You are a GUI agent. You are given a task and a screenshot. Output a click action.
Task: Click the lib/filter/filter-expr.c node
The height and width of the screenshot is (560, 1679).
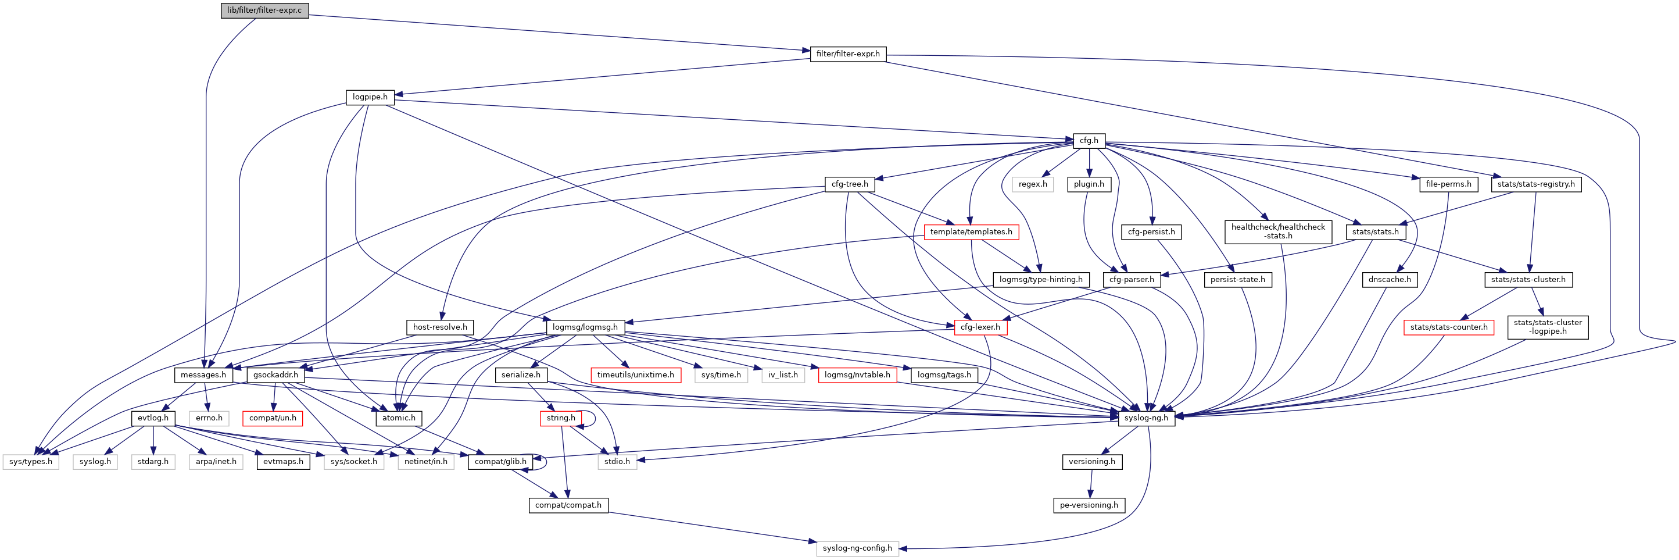pyautogui.click(x=264, y=10)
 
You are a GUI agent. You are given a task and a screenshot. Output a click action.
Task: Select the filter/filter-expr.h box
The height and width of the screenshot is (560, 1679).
pyautogui.click(x=847, y=54)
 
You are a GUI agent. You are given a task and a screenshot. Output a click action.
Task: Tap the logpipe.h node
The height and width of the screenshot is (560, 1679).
pyautogui.click(x=370, y=97)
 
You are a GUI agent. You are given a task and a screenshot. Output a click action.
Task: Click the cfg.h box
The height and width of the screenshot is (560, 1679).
pyautogui.click(x=1089, y=140)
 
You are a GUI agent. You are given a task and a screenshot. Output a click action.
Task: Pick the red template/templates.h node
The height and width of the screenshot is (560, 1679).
pyautogui.click(x=971, y=232)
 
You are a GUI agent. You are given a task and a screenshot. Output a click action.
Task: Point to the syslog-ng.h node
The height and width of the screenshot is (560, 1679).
pyautogui.click(x=1146, y=418)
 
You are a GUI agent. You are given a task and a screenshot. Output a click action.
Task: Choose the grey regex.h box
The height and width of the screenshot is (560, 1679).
pyautogui.click(x=1032, y=184)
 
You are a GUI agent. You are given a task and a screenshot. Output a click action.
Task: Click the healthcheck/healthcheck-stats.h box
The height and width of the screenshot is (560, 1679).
pyautogui.click(x=1277, y=231)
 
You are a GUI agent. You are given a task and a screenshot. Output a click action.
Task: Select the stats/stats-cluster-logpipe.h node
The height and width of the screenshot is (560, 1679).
pyautogui.click(x=1547, y=327)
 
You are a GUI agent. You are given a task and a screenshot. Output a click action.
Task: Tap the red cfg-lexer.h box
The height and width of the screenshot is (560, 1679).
pyautogui.click(x=980, y=327)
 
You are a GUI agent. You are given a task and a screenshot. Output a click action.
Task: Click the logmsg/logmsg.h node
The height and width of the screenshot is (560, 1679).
pyautogui.click(x=585, y=327)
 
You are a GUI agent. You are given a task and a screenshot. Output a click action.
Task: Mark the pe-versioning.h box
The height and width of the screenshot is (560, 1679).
pyautogui.click(x=1089, y=505)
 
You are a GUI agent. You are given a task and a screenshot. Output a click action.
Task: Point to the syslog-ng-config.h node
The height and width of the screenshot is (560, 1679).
pyautogui.click(x=857, y=548)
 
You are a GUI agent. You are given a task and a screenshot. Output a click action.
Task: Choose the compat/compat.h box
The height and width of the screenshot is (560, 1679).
pyautogui.click(x=568, y=505)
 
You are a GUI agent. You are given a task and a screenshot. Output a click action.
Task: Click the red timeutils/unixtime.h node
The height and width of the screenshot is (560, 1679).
pyautogui.click(x=635, y=375)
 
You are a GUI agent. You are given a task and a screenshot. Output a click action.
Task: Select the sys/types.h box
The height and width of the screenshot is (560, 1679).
pyautogui.click(x=31, y=462)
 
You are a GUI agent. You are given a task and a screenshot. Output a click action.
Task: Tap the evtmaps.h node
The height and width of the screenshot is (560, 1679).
pyautogui.click(x=283, y=462)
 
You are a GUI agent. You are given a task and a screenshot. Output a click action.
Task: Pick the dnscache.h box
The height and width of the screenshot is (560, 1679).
pyautogui.click(x=1390, y=280)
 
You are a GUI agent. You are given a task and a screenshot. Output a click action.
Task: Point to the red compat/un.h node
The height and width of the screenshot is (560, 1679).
pyautogui.click(x=273, y=418)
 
